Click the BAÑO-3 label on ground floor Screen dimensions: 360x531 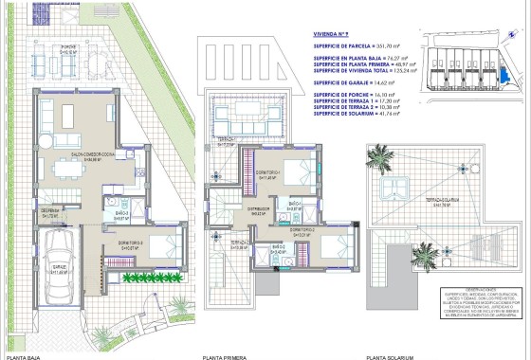point(121,216)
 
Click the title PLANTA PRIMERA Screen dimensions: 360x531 point(225,355)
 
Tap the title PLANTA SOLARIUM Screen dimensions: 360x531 point(388,355)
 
